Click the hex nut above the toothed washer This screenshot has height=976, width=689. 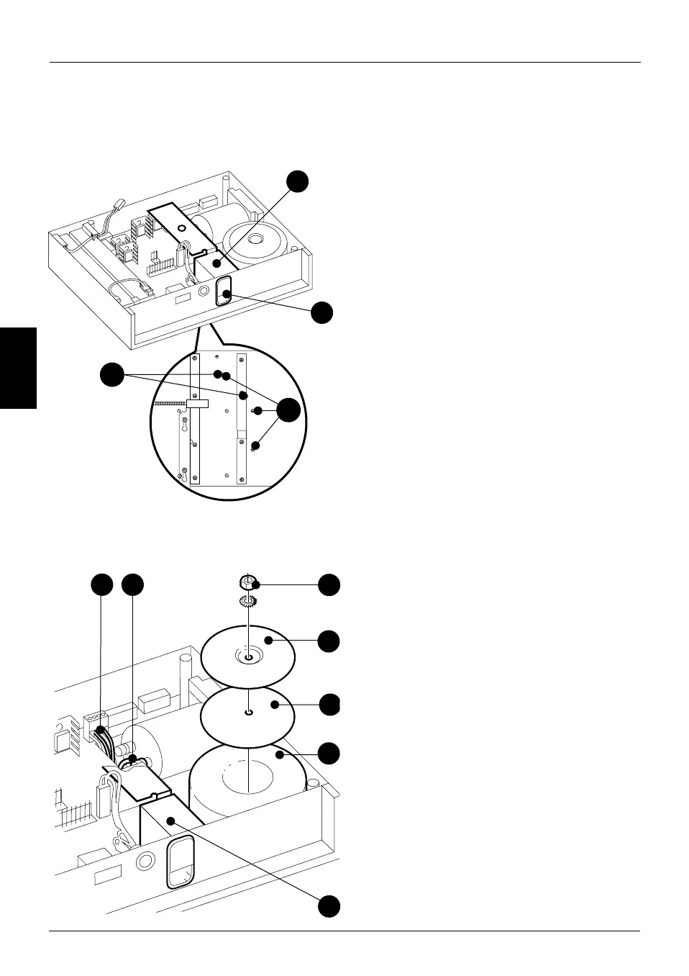tap(247, 582)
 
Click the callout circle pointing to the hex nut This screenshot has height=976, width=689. tap(330, 584)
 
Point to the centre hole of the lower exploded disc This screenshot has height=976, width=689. tap(247, 713)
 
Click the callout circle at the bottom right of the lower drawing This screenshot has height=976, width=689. tap(330, 905)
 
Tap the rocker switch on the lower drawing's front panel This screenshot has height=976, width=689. tap(181, 863)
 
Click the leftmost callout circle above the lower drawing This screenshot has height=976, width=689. tap(102, 584)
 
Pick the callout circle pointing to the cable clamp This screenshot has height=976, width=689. tap(132, 584)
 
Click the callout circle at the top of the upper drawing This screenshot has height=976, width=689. tap(298, 181)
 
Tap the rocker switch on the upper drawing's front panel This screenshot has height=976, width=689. tap(225, 290)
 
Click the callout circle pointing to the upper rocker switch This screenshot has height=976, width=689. tap(322, 313)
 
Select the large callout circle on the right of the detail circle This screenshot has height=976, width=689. tap(289, 410)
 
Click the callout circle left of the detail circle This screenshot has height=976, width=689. tap(111, 375)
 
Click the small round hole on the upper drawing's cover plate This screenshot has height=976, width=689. tap(181, 227)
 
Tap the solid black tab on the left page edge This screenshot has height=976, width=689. tap(18, 368)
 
